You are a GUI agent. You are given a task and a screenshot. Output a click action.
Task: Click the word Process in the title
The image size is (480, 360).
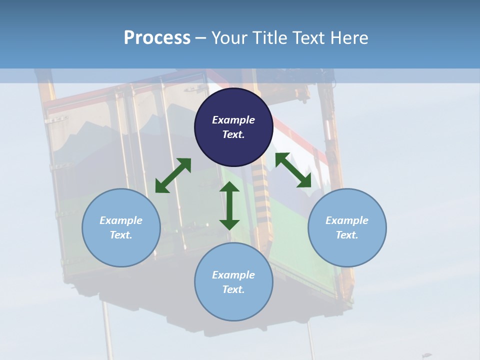click(157, 38)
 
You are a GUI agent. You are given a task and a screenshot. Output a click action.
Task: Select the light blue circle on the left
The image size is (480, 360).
click(121, 250)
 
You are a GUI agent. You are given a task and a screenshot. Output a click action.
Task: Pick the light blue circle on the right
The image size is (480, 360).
click(347, 250)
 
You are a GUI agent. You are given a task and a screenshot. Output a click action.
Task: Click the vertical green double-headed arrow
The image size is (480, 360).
click(229, 205)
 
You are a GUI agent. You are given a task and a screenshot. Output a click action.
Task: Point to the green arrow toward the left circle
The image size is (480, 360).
click(173, 175)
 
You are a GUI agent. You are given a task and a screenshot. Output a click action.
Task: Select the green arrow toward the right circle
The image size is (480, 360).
click(293, 170)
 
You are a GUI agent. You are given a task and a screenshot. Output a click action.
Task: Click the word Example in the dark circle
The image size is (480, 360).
click(233, 120)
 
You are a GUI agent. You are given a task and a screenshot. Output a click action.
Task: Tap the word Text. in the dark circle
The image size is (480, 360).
click(233, 134)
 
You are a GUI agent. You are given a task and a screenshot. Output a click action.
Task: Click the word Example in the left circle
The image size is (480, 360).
click(121, 220)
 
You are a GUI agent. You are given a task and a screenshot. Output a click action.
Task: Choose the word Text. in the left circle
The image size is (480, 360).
click(121, 235)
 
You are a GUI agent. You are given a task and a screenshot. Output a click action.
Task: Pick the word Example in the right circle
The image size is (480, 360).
click(347, 220)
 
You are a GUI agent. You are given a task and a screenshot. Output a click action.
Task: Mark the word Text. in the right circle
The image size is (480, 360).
click(347, 235)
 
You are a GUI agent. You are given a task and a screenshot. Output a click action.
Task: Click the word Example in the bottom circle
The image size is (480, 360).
click(233, 275)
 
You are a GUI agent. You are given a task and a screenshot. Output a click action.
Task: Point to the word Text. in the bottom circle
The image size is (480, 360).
click(233, 289)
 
